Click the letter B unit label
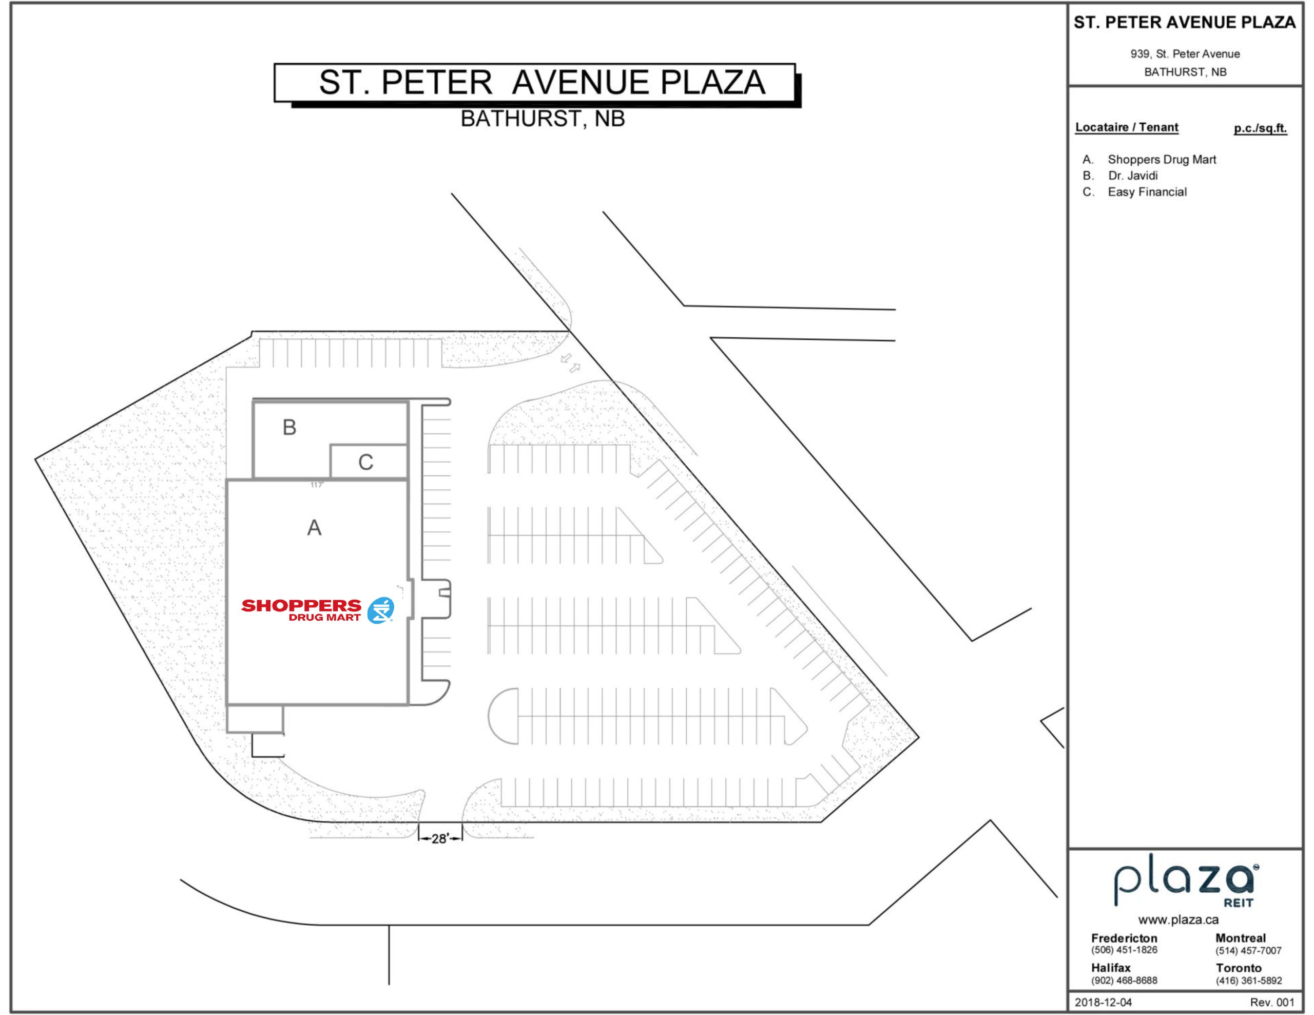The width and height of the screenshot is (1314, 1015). pos(289,427)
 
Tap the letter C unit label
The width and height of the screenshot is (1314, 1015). pos(365,462)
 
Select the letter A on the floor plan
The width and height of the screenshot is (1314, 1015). pos(314,528)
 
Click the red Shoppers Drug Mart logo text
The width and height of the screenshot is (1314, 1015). pos(301,609)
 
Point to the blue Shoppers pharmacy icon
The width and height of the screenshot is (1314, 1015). pos(380,610)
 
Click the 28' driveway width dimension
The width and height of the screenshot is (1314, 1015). pos(440,838)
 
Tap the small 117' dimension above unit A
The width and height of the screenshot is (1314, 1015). pos(317,485)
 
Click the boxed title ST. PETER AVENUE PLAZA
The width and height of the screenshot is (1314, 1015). pos(542,83)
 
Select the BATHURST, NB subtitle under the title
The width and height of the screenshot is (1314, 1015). pos(543,119)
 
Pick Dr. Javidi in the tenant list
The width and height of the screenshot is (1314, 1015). pos(1132,176)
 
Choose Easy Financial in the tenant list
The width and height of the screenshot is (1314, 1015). pos(1147,192)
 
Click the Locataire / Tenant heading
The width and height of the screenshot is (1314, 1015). pos(1126,127)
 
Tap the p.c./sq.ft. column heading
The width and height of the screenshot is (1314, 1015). pos(1260,128)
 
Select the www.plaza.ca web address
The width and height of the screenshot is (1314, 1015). pos(1178,920)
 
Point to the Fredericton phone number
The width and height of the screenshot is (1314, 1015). pos(1124,949)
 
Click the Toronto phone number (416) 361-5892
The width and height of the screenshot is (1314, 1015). pos(1248,980)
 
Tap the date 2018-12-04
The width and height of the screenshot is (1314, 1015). pos(1103,1002)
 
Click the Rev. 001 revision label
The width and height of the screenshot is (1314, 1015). pos(1272,1002)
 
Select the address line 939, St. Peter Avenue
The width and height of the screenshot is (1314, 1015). pos(1185,54)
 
